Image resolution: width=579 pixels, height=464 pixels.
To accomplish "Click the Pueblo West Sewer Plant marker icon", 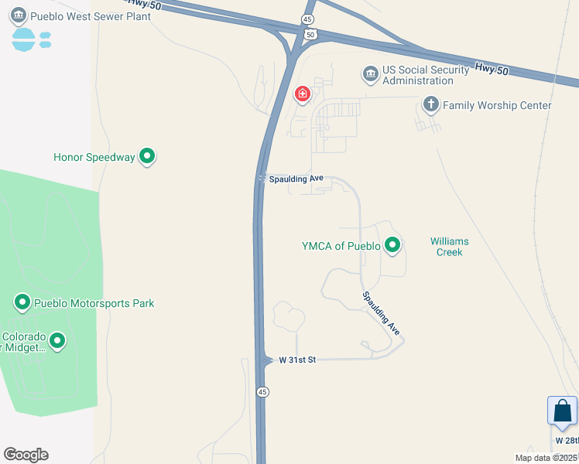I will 19,15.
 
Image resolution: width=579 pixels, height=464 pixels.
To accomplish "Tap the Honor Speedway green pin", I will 147,157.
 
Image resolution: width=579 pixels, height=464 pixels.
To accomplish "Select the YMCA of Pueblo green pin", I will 392,246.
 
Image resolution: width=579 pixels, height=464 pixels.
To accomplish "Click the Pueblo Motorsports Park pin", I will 22,302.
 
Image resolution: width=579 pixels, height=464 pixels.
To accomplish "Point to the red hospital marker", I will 302,94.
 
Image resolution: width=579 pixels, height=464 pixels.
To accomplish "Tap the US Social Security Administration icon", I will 370,74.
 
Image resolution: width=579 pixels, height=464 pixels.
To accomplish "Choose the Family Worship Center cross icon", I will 430,104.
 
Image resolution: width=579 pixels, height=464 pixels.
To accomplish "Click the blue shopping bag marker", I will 562,411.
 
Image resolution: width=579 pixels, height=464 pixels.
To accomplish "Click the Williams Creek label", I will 450,247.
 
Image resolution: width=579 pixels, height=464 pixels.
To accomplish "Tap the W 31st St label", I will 297,360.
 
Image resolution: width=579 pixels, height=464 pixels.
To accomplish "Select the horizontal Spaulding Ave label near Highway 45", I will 296,179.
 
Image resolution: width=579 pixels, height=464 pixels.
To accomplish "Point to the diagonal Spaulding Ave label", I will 382,312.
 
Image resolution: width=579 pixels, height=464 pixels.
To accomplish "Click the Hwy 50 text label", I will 493,70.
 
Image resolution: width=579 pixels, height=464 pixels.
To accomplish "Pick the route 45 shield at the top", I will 308,19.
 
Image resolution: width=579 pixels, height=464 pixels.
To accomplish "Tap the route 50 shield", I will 310,34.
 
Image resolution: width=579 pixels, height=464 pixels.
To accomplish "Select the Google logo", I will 26,455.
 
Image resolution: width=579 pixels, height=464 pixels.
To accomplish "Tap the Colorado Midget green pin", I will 57,340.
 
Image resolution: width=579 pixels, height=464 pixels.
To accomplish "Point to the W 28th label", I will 567,440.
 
